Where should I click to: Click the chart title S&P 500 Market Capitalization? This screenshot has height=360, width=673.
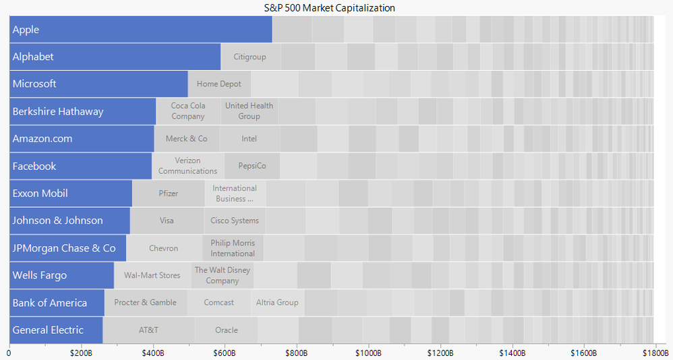(330, 8)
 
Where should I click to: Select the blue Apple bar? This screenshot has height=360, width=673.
(140, 30)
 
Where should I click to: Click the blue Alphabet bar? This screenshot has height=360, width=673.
(115, 57)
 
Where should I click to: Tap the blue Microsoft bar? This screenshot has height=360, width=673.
(98, 84)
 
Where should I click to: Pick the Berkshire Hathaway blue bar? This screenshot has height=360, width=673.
(82, 111)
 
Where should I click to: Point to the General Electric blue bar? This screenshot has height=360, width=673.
(56, 330)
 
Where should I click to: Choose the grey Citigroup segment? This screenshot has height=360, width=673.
(250, 57)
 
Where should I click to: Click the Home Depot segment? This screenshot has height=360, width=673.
(219, 84)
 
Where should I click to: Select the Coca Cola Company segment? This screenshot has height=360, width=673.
(188, 111)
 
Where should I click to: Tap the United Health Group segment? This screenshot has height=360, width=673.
(249, 111)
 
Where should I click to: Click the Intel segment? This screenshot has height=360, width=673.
(250, 139)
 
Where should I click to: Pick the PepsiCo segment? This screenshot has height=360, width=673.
(252, 166)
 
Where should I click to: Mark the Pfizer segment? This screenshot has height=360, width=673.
(169, 193)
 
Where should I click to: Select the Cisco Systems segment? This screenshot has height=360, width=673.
(235, 220)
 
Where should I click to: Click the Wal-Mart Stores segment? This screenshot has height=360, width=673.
(152, 276)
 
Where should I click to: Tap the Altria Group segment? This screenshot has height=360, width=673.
(277, 303)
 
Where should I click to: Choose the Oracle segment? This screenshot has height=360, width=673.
(227, 330)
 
